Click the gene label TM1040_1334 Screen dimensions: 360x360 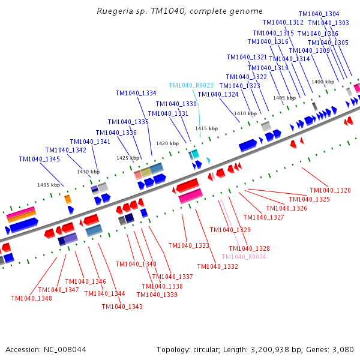click(136, 93)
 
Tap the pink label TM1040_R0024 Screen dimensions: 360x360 click(244, 257)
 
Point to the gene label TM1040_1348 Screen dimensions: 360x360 click(31, 298)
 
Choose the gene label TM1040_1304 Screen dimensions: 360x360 click(319, 14)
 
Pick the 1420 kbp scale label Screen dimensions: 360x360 click(167, 143)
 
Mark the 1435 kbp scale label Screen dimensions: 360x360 click(49, 185)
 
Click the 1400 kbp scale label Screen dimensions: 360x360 click(322, 82)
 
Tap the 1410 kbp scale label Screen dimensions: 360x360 click(245, 113)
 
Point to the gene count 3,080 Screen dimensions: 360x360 click(342, 349)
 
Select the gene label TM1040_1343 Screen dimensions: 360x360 click(122, 307)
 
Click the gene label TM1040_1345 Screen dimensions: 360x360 click(40, 159)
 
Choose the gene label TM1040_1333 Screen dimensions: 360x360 click(189, 245)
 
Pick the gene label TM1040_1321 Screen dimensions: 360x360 click(247, 57)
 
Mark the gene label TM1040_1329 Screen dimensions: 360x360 click(230, 230)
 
